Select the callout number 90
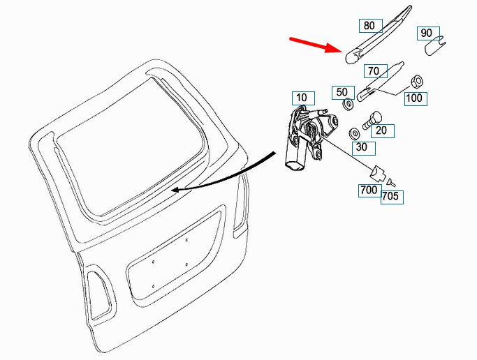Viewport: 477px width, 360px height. [427, 33]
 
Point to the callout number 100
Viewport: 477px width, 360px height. [414, 98]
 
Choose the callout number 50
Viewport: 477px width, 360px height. [342, 92]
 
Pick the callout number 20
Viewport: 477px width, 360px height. [381, 130]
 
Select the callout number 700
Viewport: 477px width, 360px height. [369, 189]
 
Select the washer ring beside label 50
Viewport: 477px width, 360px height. [347, 105]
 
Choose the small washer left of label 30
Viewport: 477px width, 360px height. [354, 132]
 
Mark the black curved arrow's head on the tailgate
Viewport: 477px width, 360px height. [175, 189]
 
